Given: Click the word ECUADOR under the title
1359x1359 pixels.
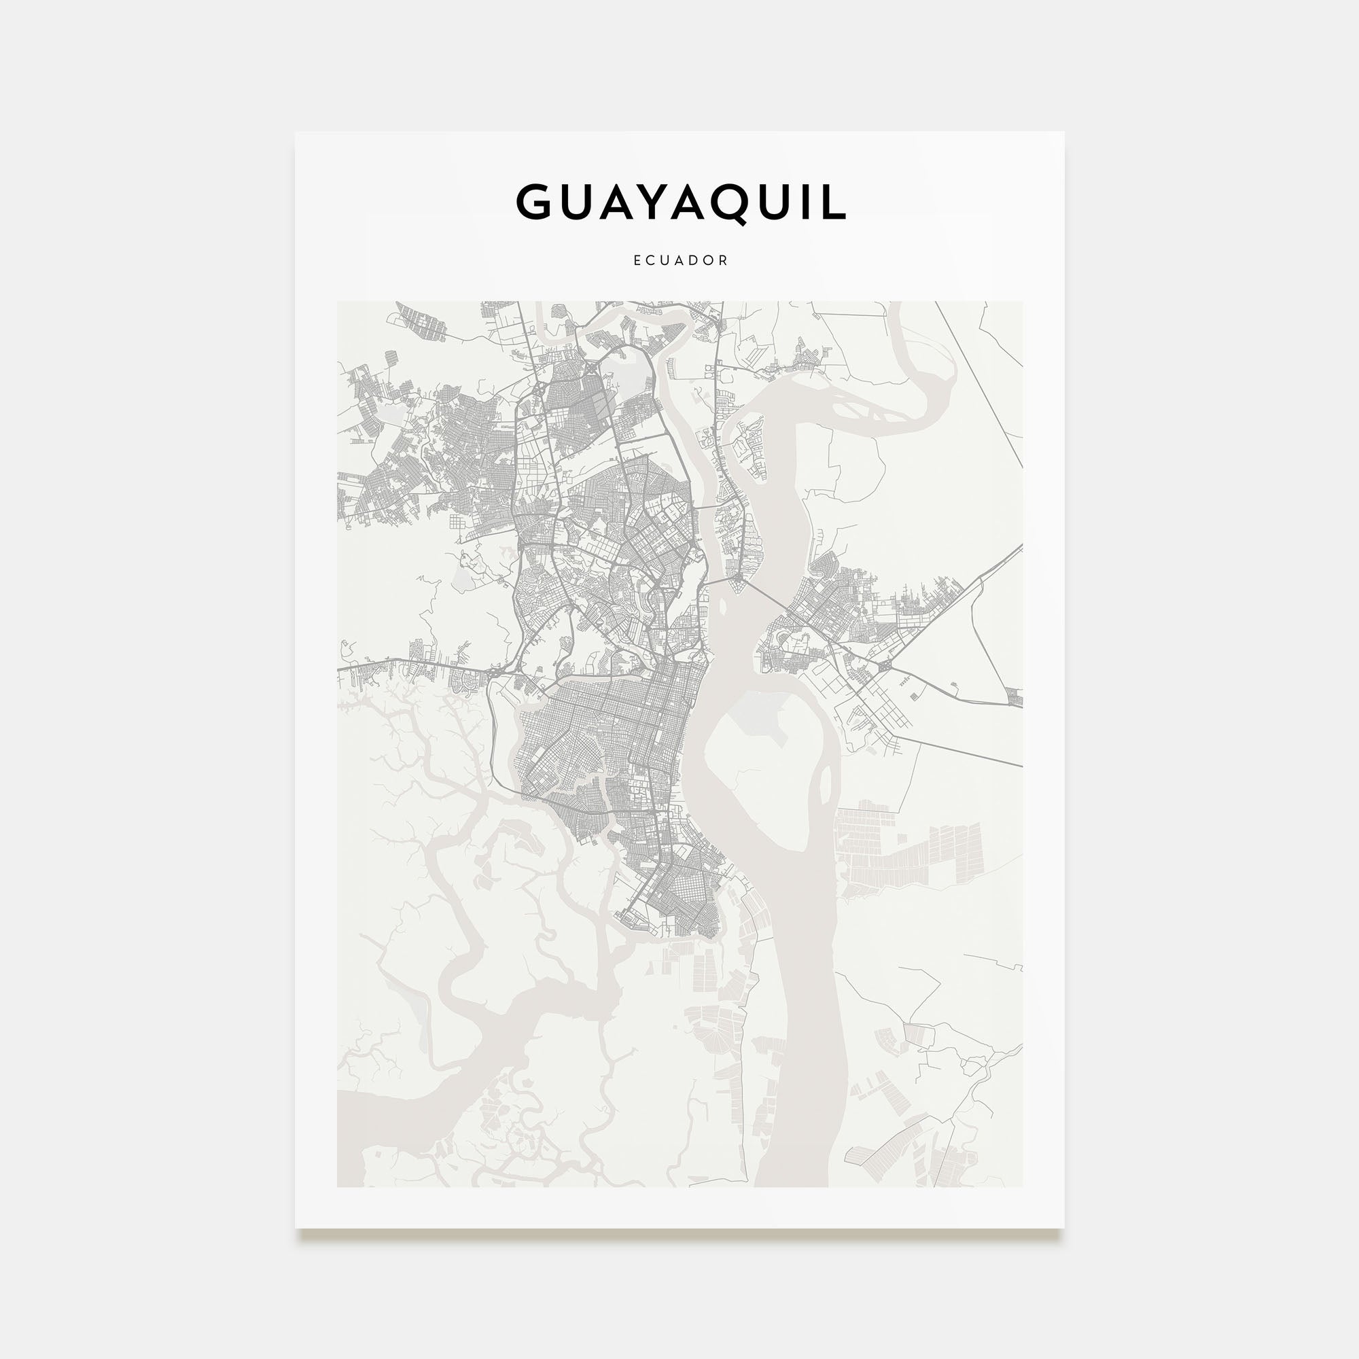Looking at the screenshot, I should tap(680, 260).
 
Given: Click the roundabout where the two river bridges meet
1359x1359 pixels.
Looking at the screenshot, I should tap(738, 581).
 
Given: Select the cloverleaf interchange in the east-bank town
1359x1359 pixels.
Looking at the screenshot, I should tap(884, 665).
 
